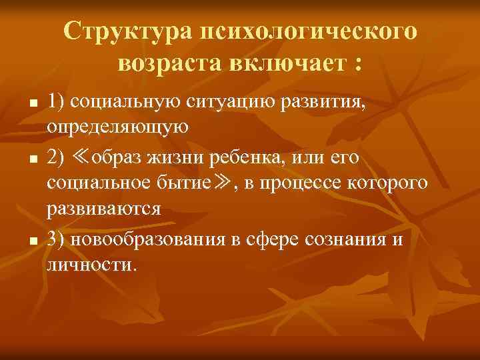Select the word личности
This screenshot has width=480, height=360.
pos(91,265)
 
